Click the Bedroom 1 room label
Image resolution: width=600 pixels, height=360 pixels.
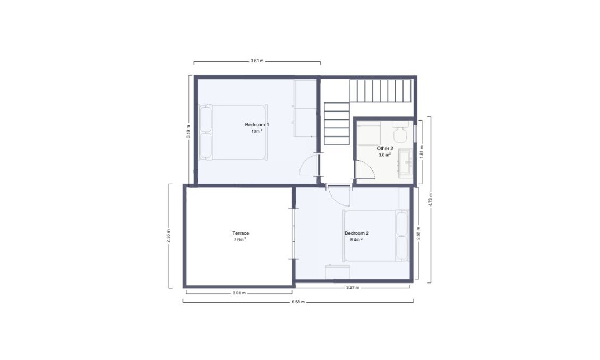pyautogui.click(x=257, y=125)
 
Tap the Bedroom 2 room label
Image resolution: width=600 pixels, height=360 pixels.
pyautogui.click(x=356, y=233)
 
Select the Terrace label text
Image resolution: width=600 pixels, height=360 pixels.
pyautogui.click(x=241, y=233)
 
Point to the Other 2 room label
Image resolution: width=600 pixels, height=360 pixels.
pyautogui.click(x=385, y=149)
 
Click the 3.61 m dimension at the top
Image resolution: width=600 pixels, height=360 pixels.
pyautogui.click(x=257, y=62)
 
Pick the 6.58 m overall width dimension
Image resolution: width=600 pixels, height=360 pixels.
pyautogui.click(x=298, y=301)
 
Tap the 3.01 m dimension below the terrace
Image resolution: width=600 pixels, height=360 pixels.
pyautogui.click(x=239, y=292)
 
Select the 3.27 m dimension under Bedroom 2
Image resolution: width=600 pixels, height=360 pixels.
pyautogui.click(x=352, y=288)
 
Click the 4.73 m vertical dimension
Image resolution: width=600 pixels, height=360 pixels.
pyautogui.click(x=431, y=199)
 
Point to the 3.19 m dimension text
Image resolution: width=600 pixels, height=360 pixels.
pyautogui.click(x=188, y=132)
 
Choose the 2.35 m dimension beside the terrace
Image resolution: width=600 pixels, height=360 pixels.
pyautogui.click(x=169, y=236)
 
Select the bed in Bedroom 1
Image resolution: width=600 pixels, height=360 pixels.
pyautogui.click(x=232, y=132)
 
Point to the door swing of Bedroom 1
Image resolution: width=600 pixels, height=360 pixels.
pyautogui.click(x=308, y=166)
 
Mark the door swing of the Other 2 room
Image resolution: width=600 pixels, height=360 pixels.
pyautogui.click(x=365, y=170)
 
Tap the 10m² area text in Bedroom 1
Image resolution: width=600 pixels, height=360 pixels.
pyautogui.click(x=257, y=131)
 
